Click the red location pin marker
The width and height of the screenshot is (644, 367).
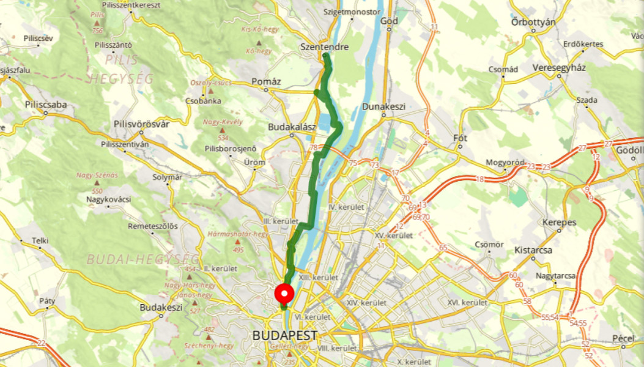pos(284,294)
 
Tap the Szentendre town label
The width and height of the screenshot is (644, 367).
pos(325,47)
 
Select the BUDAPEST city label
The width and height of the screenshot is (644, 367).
pos(285,336)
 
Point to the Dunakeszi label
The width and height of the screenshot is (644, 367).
pos(384,106)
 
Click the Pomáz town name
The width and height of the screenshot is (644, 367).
pos(266,81)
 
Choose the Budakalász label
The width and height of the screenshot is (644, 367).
pos(292,127)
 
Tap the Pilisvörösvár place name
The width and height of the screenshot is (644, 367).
pos(141,124)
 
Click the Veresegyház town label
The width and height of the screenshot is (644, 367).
pos(559,67)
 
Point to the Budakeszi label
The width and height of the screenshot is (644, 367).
pos(161,308)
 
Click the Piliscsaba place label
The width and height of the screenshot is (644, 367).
pos(46,105)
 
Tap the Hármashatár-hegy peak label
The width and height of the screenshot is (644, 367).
pos(239,234)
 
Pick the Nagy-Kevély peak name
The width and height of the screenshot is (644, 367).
pos(223,122)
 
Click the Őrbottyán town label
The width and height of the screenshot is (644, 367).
pos(533,23)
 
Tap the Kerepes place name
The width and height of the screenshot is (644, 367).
pos(559,223)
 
